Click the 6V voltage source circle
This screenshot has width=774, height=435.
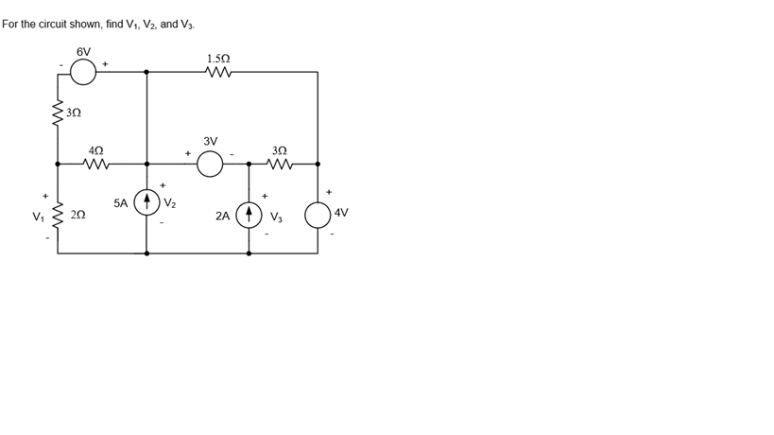click(83, 72)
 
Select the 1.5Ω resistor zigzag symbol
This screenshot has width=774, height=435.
click(219, 72)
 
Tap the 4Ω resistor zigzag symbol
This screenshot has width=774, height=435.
click(96, 164)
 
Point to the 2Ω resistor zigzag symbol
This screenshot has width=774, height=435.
click(58, 217)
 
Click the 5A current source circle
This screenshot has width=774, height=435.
click(146, 201)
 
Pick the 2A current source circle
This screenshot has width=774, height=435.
click(249, 215)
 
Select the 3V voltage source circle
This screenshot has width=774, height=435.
click(210, 165)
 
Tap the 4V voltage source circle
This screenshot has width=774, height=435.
click(318, 215)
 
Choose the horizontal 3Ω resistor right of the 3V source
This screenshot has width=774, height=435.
click(280, 164)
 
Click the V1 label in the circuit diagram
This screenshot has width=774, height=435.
click(38, 217)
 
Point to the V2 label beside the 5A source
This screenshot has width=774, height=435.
click(170, 202)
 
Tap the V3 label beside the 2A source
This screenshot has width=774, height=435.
click(276, 217)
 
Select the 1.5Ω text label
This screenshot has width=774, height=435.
click(219, 58)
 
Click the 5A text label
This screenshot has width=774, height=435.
click(121, 202)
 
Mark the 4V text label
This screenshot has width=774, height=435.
click(341, 214)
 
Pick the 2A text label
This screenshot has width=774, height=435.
click(223, 216)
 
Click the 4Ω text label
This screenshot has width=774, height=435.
click(95, 149)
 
